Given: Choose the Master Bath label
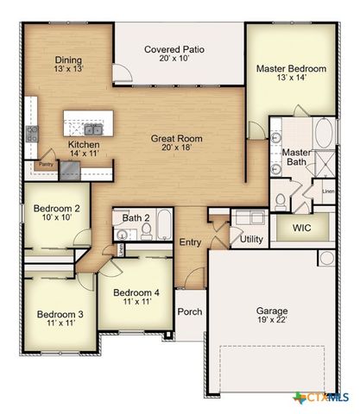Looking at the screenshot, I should (x=296, y=158).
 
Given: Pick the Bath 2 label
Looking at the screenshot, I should (x=136, y=218).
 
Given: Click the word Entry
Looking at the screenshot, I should (x=190, y=242).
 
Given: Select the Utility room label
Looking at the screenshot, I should (x=251, y=239).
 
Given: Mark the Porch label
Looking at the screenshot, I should (x=189, y=311).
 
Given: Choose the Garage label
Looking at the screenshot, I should (x=271, y=310).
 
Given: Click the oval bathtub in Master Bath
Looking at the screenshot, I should (x=324, y=135).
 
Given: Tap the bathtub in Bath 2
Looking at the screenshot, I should (x=161, y=230).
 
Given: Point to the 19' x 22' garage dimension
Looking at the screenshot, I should (x=271, y=320).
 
